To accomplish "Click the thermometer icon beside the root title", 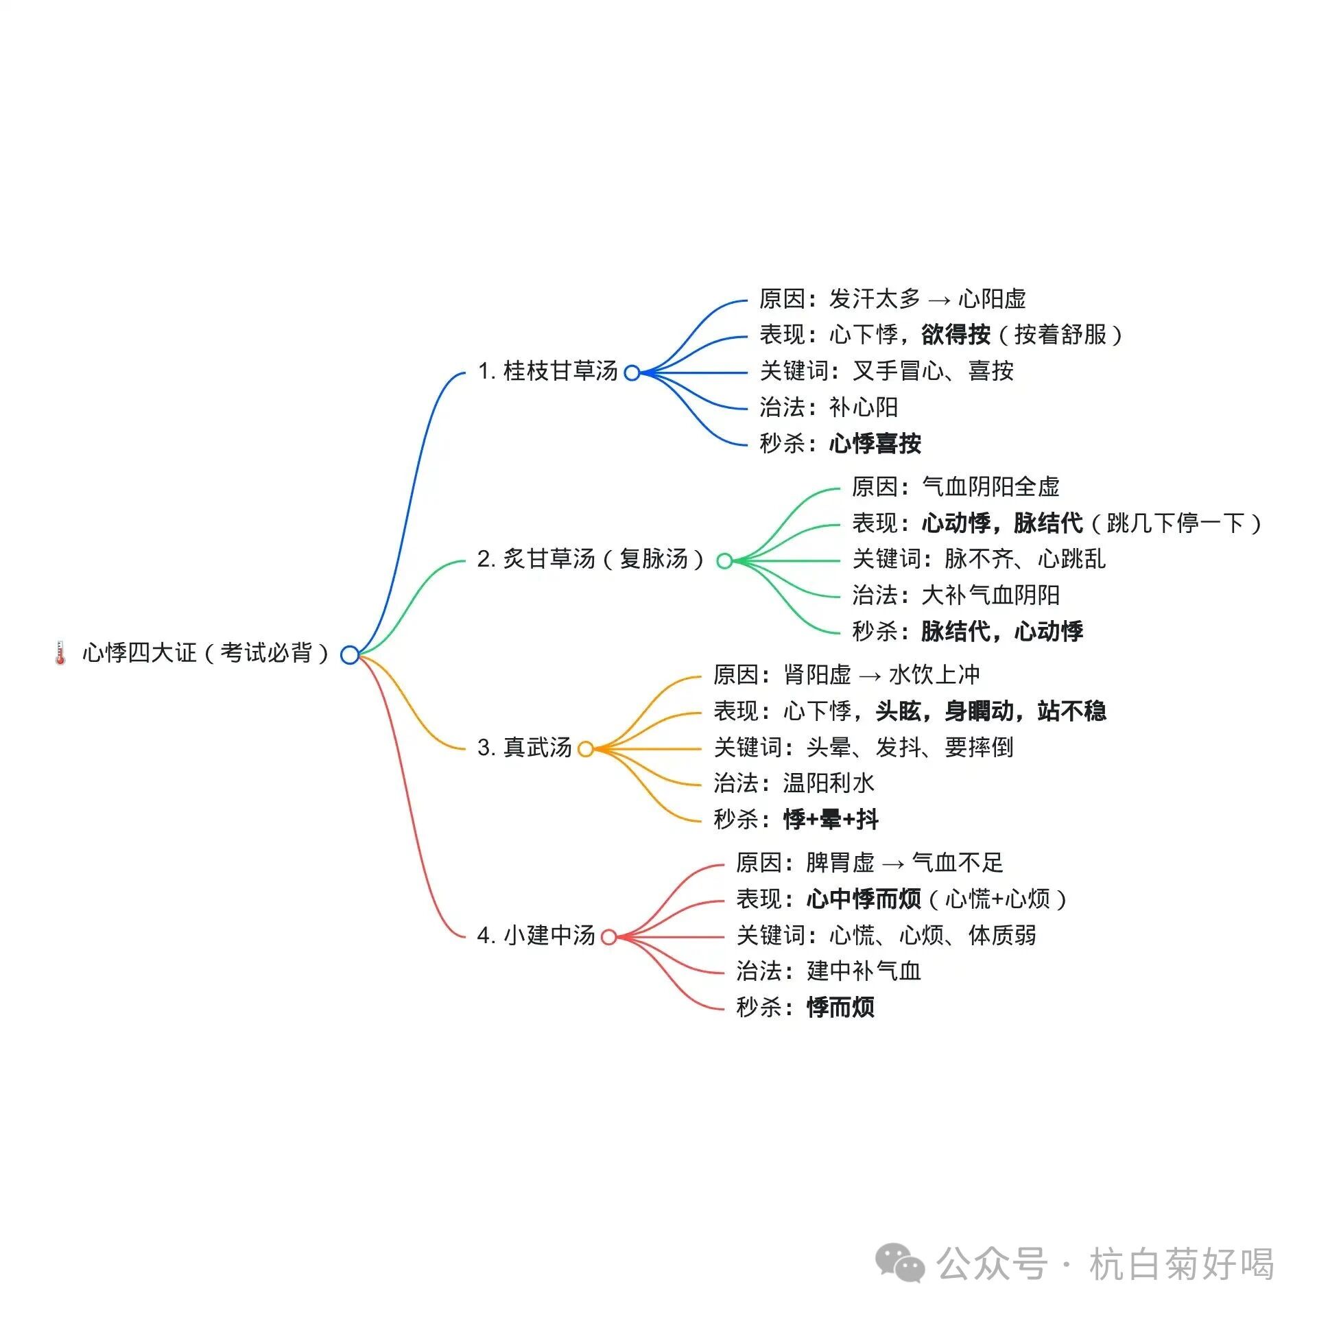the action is [x=60, y=652].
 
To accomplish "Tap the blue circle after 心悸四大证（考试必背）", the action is [x=350, y=655].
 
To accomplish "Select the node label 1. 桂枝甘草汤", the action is [x=548, y=371].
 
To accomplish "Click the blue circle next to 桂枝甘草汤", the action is [x=632, y=372].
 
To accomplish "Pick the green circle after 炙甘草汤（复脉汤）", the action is [x=724, y=560].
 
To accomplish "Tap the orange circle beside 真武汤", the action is [x=585, y=749].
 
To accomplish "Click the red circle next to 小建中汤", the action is [x=608, y=937].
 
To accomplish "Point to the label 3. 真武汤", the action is [x=525, y=748].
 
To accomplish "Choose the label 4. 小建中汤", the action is [x=536, y=936].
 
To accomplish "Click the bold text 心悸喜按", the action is [x=875, y=444].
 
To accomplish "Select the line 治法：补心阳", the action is [x=829, y=407].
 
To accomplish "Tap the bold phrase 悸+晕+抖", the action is [x=831, y=819].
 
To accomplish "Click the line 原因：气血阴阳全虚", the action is [x=956, y=487].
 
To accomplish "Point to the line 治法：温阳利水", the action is [x=794, y=783].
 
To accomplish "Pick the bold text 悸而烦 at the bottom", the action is [x=840, y=1008].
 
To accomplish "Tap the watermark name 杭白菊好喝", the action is [x=1181, y=1264].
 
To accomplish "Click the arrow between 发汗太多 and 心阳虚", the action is [x=939, y=300].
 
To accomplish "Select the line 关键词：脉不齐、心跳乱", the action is [x=979, y=559].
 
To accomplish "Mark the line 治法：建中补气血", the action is [x=829, y=971].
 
